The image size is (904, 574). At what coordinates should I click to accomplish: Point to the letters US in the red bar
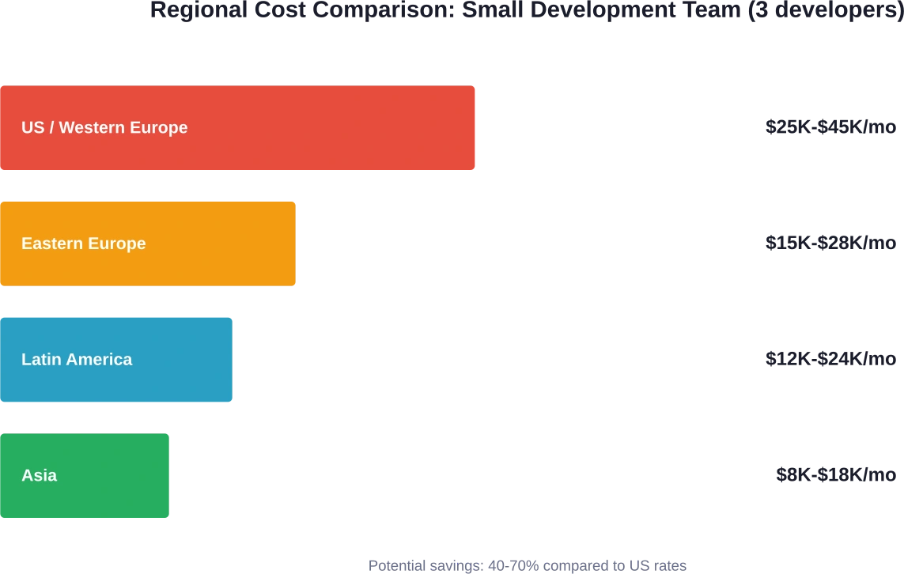point(32,127)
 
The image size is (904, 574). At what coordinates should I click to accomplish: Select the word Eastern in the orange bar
point(50,244)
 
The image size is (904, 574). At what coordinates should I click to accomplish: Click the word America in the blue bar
point(99,360)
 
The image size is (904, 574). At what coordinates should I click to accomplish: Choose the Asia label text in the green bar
point(39,475)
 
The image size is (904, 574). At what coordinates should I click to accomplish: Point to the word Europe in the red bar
point(162,127)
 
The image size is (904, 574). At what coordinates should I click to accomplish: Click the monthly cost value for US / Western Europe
point(830,127)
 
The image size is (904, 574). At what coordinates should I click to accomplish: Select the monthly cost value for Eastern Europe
point(830,244)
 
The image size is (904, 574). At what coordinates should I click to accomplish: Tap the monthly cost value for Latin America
point(830,359)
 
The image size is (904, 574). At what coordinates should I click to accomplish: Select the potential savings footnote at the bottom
point(528,565)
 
